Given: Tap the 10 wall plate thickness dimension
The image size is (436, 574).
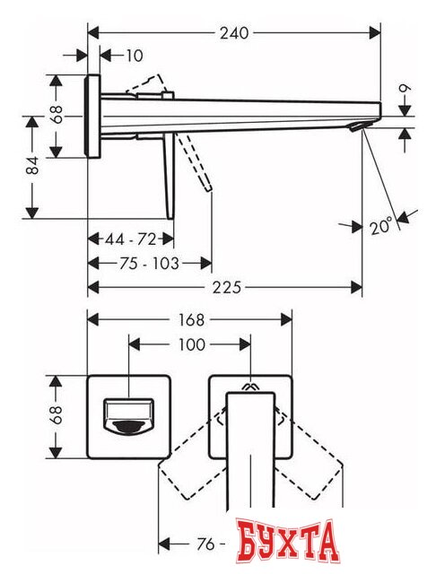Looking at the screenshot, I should click(134, 56).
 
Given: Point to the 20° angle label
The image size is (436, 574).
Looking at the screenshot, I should click(380, 227).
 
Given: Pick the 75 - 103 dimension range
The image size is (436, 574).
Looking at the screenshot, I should click(149, 263).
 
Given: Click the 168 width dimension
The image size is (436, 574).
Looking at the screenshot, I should click(191, 319).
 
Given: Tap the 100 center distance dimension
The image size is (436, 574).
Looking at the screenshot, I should click(191, 344).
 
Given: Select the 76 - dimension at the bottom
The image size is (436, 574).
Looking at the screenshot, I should click(209, 544).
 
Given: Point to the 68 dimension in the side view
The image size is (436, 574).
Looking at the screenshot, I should click(57, 115).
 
